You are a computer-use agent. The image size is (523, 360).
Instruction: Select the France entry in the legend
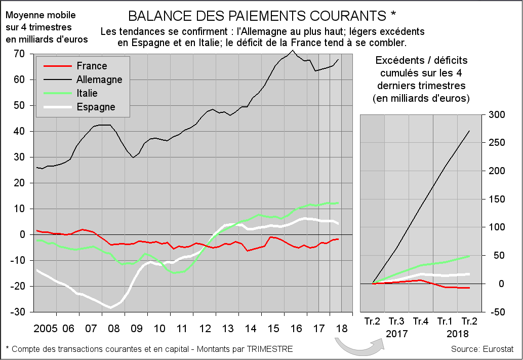92,66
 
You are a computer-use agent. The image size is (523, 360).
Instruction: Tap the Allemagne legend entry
99,79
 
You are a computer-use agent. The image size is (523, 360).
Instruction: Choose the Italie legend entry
87,93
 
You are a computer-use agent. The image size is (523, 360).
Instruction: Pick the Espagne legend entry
96,107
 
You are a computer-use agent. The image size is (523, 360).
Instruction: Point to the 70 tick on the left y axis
20,54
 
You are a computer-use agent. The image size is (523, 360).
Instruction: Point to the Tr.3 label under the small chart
396,321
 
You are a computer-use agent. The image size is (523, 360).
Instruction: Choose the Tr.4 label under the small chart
421,321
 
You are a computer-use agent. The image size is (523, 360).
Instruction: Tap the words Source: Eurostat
482,349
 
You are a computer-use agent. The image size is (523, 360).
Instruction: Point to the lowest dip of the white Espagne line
110,307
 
